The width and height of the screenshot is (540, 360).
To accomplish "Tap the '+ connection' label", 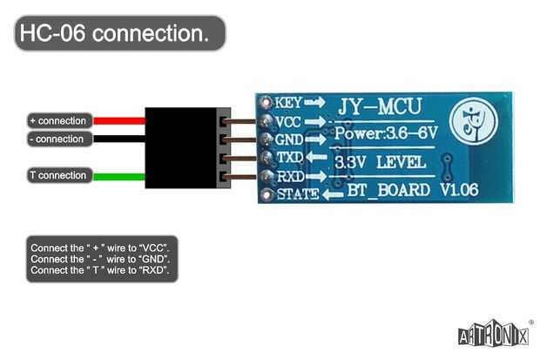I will click(x=57, y=120).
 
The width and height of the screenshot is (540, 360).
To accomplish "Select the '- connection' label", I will click(x=57, y=139).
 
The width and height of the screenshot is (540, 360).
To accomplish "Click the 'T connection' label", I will click(x=57, y=175).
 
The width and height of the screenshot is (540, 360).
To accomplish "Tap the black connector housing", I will click(x=181, y=148).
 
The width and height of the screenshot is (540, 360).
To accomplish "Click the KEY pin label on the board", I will click(x=288, y=102).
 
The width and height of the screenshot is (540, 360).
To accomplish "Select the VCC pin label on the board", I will click(x=288, y=121).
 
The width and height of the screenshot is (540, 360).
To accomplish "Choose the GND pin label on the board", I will click(x=288, y=139).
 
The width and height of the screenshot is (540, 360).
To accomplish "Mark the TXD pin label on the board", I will click(x=288, y=158).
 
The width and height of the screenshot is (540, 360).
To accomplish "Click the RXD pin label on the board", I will click(x=288, y=176).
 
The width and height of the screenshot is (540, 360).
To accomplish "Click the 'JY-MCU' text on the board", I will click(x=380, y=106).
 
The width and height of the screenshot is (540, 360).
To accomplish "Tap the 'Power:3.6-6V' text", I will click(x=385, y=134).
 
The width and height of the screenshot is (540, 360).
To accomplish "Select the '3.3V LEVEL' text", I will click(x=381, y=162).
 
